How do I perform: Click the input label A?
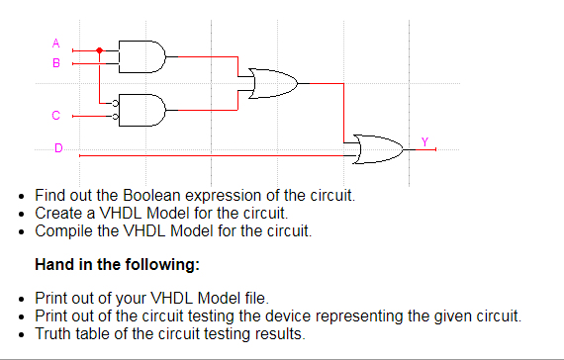[x=56, y=44]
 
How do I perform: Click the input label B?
[x=56, y=62]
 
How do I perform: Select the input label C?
[x=56, y=116]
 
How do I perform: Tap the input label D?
[x=56, y=148]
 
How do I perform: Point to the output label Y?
[x=424, y=141]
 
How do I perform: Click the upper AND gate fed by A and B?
[x=142, y=56]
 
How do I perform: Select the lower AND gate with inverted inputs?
[x=142, y=109]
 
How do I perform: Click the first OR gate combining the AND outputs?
[x=274, y=84]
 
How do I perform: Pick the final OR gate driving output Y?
[x=380, y=150]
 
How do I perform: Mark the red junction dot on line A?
[x=99, y=49]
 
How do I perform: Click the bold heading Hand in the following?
[x=117, y=264]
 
